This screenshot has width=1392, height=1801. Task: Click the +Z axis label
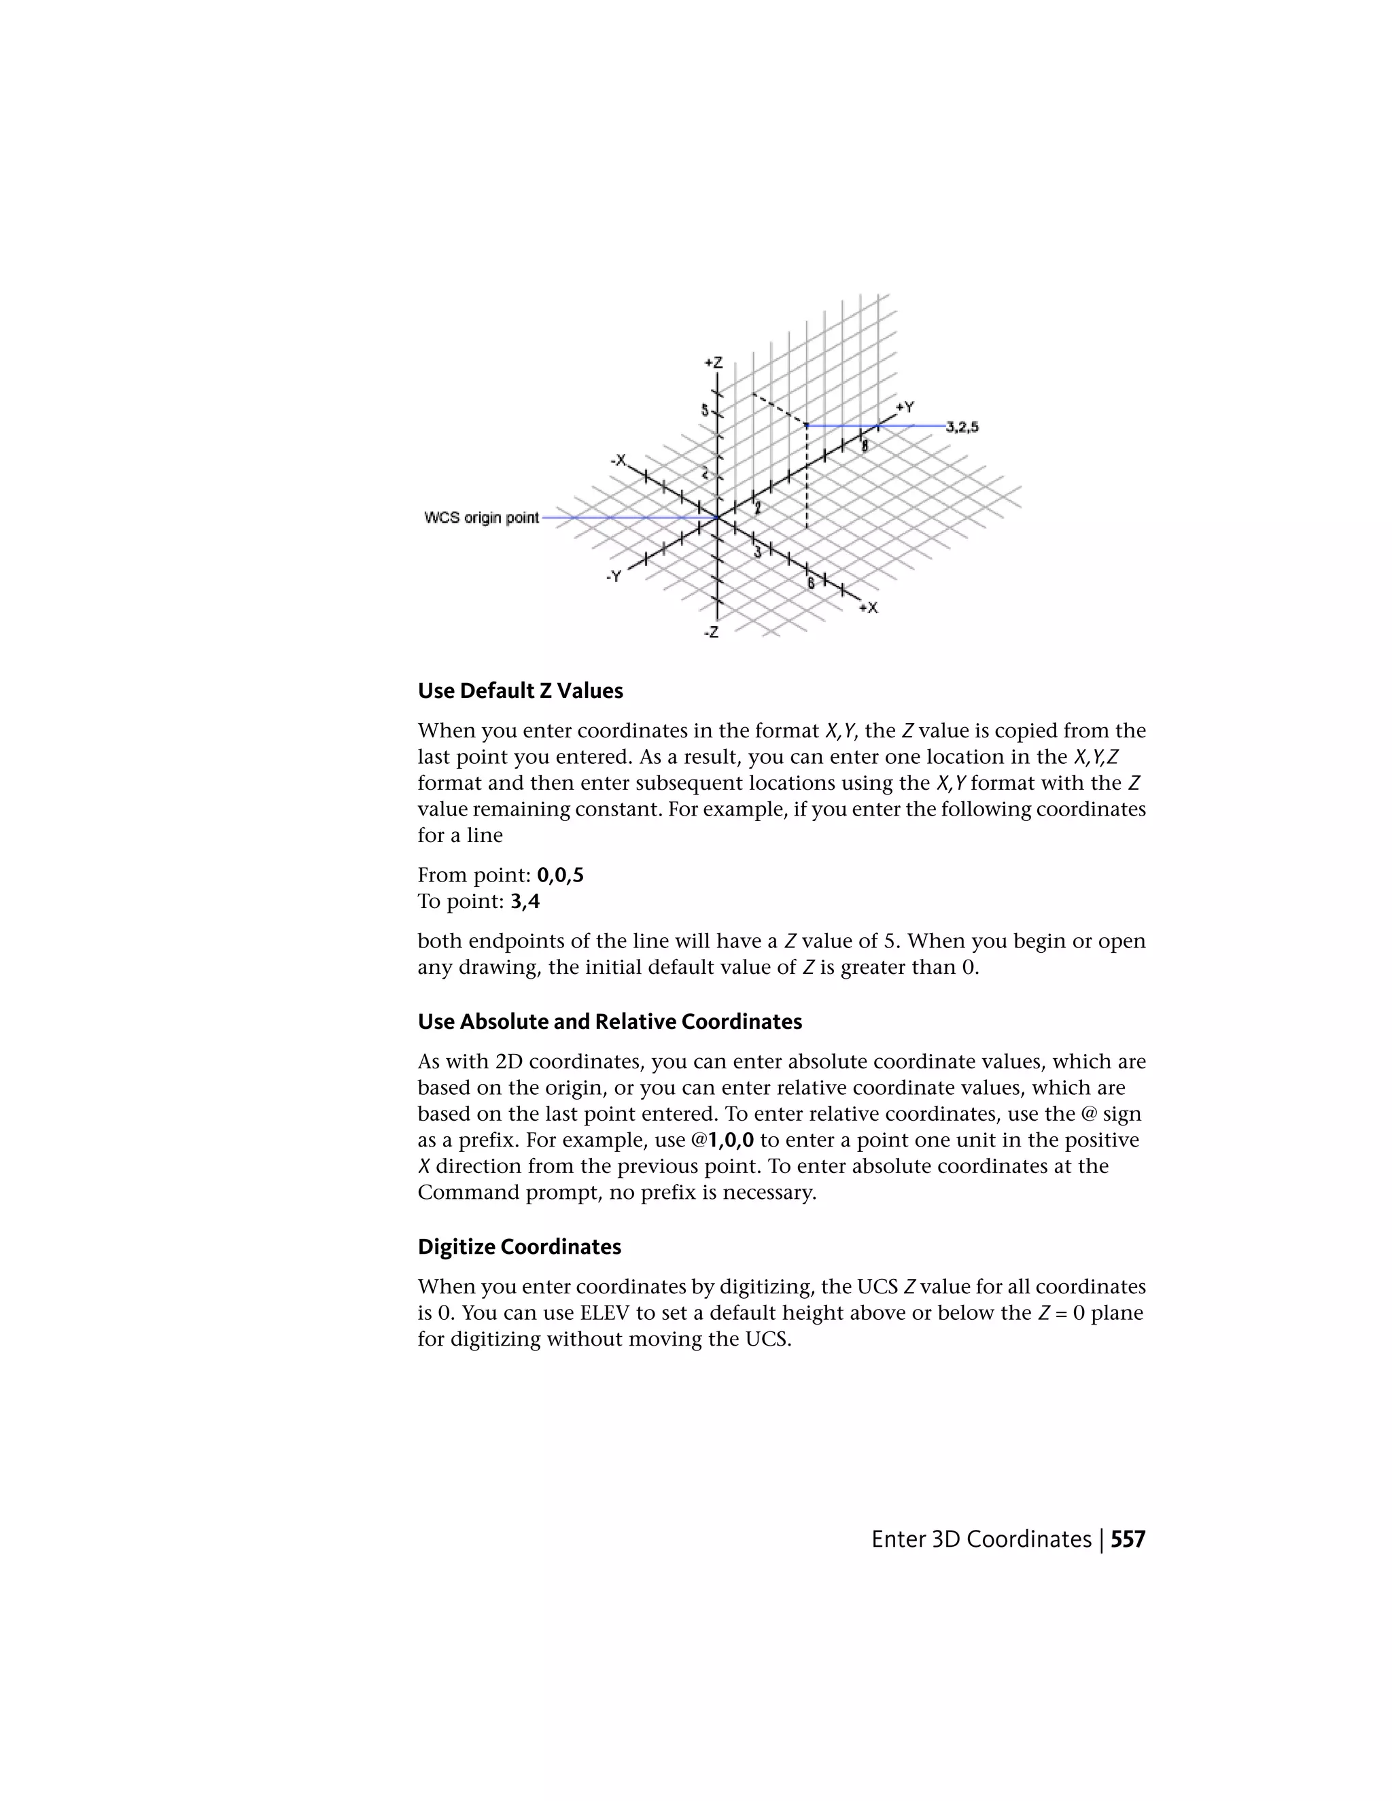[x=713, y=363]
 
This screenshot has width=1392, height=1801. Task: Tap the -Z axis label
[x=711, y=633]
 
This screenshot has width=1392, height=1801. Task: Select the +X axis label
[x=869, y=608]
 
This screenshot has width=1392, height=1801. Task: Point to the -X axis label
[x=618, y=460]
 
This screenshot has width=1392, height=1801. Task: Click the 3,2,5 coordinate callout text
[x=962, y=427]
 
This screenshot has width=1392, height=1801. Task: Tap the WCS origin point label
[x=482, y=518]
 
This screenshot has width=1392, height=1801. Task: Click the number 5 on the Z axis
[x=705, y=410]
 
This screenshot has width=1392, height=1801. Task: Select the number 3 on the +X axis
[x=758, y=552]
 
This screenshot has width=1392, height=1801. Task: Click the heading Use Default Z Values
[x=521, y=691]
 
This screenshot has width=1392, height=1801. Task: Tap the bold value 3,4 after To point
[x=525, y=901]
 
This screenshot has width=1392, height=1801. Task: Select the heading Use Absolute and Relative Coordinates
[x=610, y=1021]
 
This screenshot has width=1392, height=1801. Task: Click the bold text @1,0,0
[x=723, y=1140]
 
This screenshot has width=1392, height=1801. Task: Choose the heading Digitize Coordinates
[x=519, y=1247]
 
